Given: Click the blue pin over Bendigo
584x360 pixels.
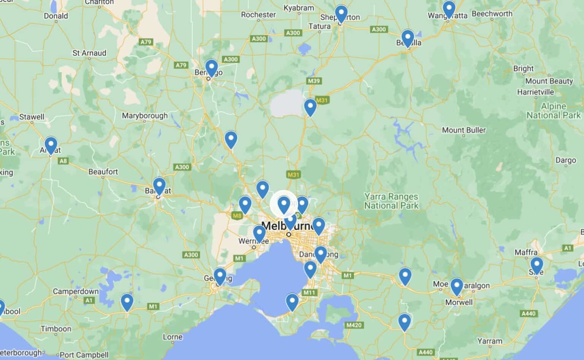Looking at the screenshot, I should [x=211, y=68].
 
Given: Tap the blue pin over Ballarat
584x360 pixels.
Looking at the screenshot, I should [x=159, y=186].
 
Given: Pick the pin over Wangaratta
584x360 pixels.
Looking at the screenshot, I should [x=449, y=8].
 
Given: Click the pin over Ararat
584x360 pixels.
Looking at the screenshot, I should [x=51, y=144].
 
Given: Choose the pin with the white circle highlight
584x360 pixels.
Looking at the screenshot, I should [x=284, y=204].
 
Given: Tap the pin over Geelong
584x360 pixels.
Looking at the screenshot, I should [x=220, y=276].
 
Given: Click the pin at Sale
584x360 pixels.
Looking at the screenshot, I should [x=536, y=265].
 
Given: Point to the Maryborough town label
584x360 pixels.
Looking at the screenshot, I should [x=144, y=116].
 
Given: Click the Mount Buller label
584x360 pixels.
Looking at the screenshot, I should [x=463, y=130].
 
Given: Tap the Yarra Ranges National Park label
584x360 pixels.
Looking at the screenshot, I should [x=391, y=201].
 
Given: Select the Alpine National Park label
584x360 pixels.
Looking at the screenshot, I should [x=553, y=111].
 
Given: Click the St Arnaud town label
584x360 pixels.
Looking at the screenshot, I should [x=89, y=53].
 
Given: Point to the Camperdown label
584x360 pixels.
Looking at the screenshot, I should [x=76, y=292].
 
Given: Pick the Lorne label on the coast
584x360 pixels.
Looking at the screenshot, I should [x=173, y=337].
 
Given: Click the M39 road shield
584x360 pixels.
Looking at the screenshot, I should [x=314, y=81].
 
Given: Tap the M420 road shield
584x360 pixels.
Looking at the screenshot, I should [x=354, y=325].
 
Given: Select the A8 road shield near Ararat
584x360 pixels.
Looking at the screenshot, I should [x=63, y=161].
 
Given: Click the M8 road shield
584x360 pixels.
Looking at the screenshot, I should [x=237, y=216].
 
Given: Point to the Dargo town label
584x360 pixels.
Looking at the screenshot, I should [x=566, y=160].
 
